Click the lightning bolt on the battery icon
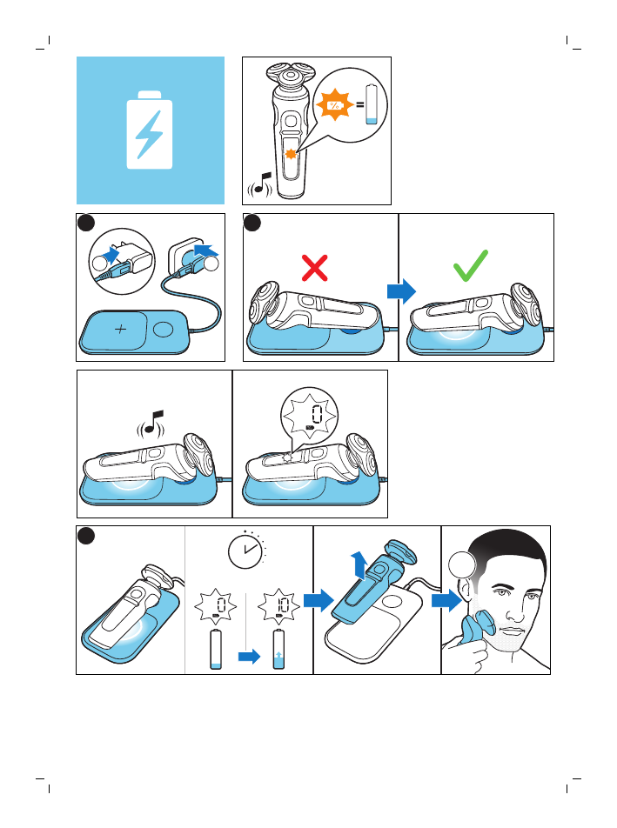[x=149, y=135]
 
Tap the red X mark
[x=315, y=268]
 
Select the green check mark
[x=470, y=265]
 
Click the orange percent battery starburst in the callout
[x=334, y=105]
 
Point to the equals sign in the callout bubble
[x=359, y=104]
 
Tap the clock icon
[x=246, y=551]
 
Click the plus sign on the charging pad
[x=120, y=329]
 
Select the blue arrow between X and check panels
[x=401, y=291]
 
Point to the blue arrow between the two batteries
[x=250, y=657]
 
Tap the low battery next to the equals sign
[x=372, y=104]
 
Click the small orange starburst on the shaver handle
[x=291, y=154]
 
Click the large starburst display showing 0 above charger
[x=310, y=415]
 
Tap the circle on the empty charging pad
[x=164, y=329]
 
